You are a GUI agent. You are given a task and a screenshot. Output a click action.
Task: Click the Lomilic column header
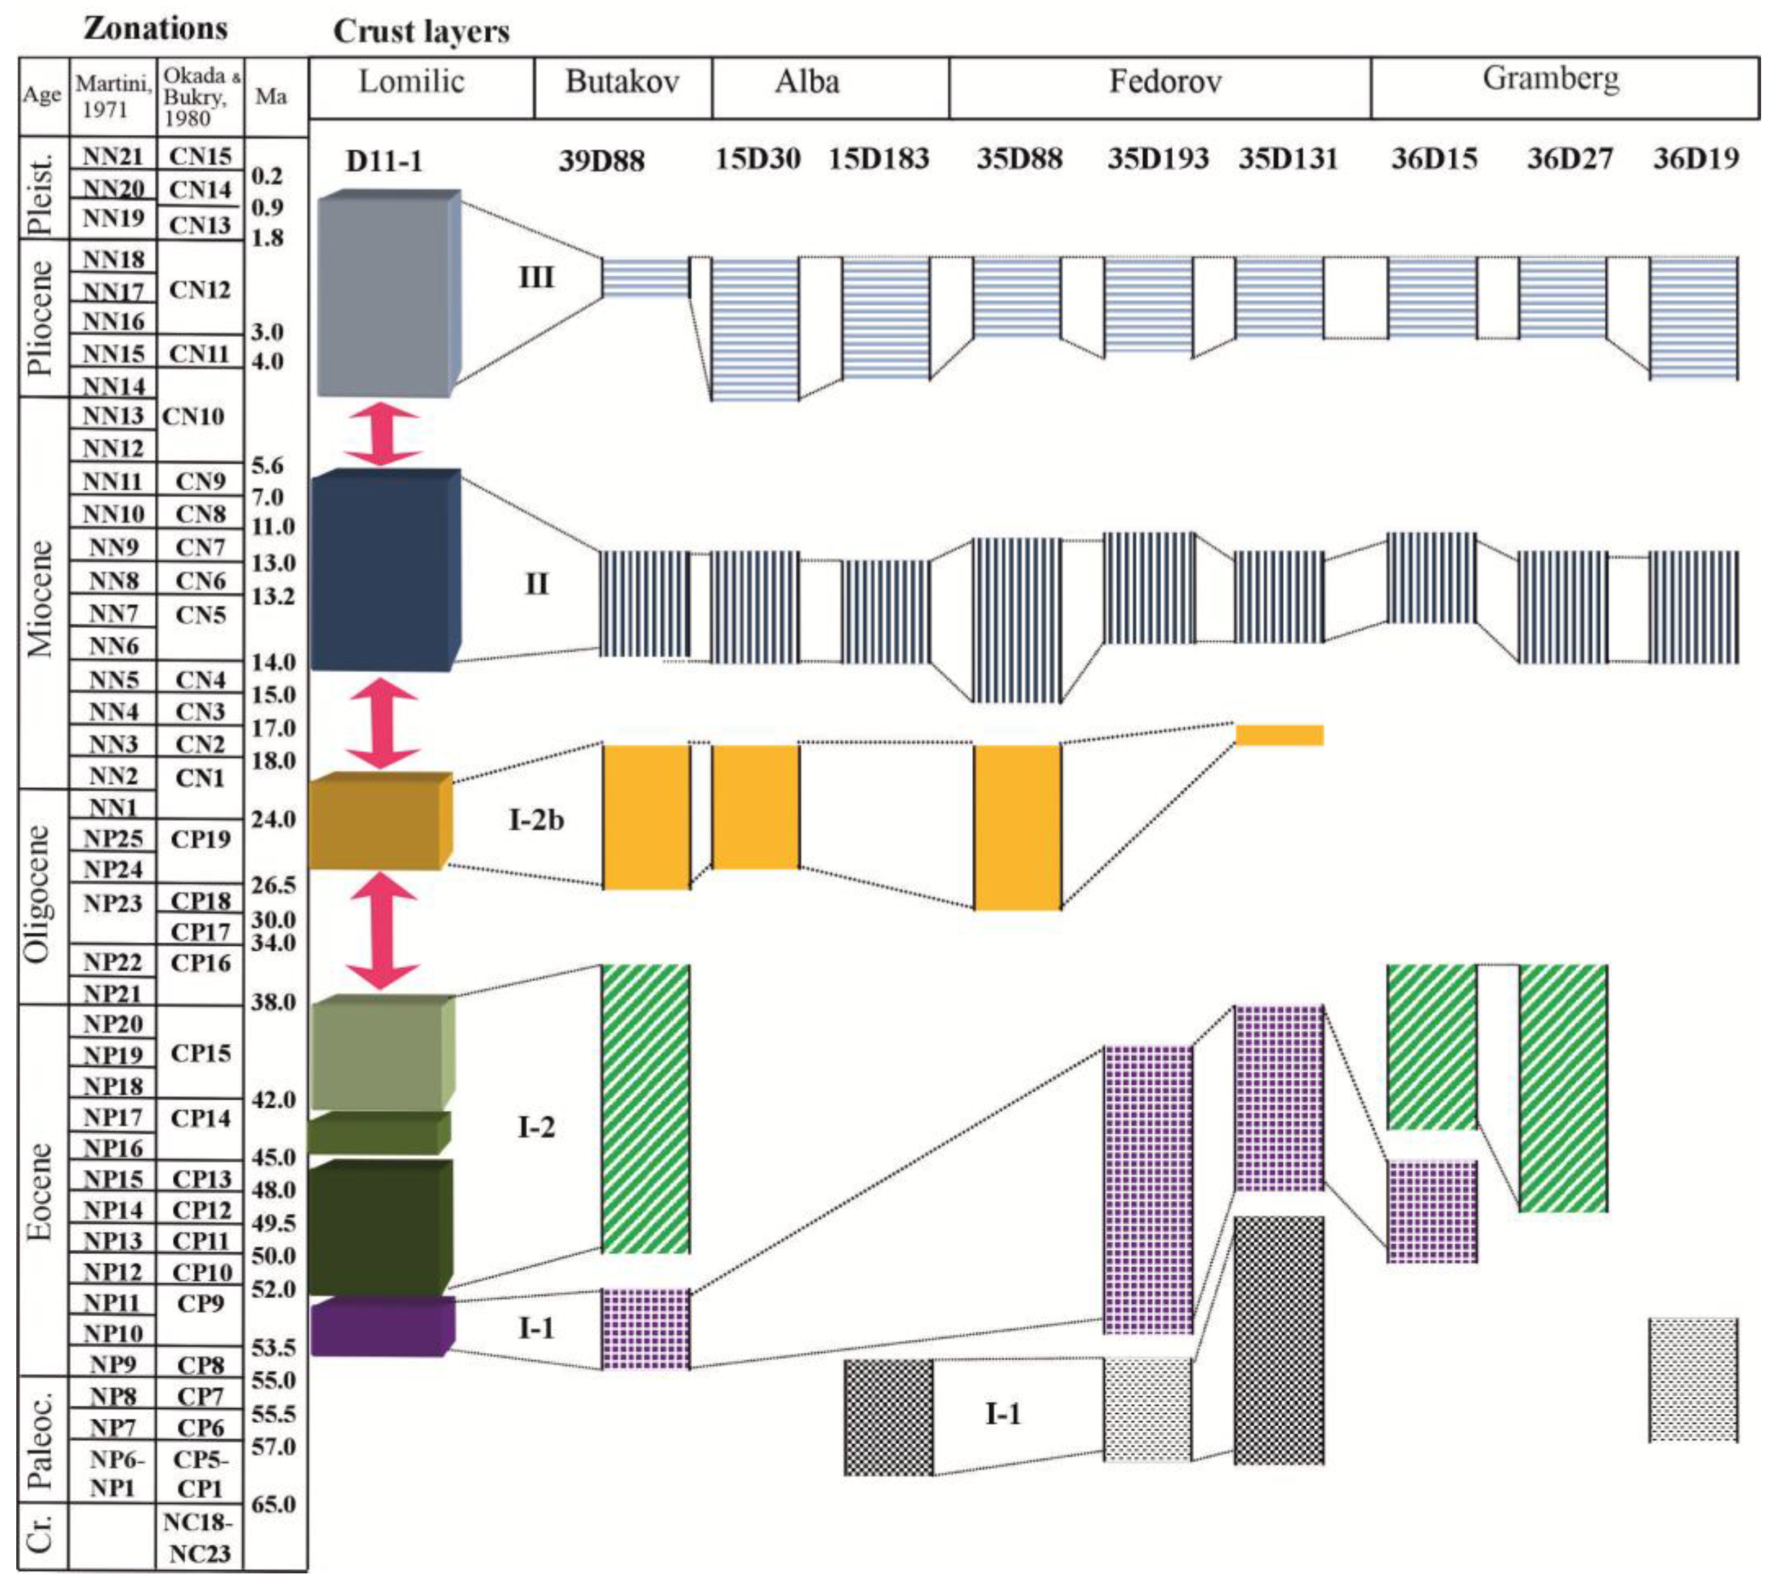tap(411, 83)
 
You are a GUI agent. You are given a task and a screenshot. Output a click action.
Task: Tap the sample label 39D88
tap(601, 161)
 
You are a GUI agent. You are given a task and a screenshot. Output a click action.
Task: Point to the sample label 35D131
tap(1288, 160)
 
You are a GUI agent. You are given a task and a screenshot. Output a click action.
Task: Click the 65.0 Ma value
tap(273, 1504)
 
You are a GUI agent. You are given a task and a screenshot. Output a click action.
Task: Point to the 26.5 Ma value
tap(273, 885)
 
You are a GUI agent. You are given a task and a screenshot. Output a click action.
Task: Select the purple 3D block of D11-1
tap(381, 1326)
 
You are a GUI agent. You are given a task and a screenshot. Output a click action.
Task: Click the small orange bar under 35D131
tap(1279, 735)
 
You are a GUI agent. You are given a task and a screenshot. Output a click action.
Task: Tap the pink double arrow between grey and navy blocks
tap(382, 433)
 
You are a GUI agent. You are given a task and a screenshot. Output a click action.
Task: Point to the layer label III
tap(536, 278)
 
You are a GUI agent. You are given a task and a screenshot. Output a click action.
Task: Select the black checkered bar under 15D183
tap(888, 1417)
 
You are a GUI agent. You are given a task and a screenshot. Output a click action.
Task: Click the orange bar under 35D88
tap(1018, 826)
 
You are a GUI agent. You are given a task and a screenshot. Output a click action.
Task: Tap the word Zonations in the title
tap(155, 29)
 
